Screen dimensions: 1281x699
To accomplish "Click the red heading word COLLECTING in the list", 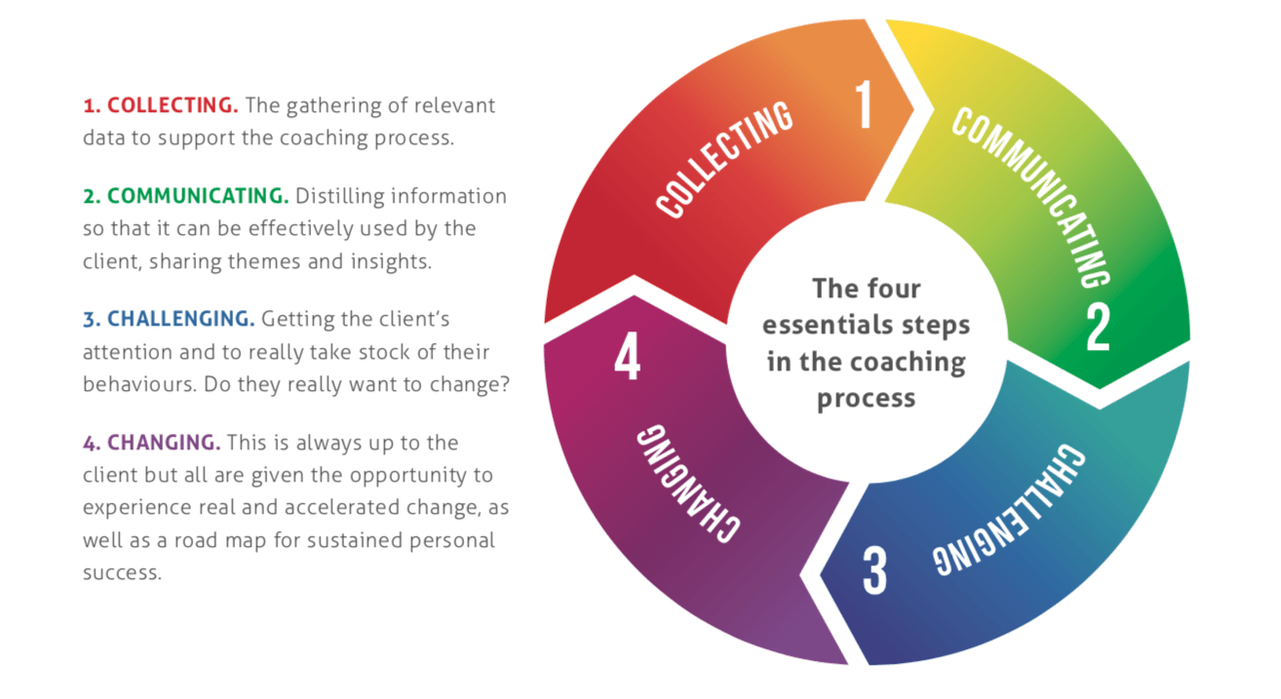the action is (173, 105).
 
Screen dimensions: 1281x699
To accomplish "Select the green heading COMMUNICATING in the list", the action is (198, 196).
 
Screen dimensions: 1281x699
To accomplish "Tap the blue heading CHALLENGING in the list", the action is (180, 319).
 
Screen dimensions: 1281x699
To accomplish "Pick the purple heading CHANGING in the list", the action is (164, 443).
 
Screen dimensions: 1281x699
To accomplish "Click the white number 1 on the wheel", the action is (864, 104).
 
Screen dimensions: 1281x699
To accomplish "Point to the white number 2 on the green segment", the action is (1098, 327).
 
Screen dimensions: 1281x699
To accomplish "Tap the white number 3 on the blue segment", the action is (874, 570).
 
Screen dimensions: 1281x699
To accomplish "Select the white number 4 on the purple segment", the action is (627, 357).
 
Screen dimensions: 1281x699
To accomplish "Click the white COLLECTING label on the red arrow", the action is (724, 160).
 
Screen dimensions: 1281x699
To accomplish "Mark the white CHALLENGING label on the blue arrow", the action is (1009, 509).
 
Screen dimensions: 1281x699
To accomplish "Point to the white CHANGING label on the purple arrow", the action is (688, 484).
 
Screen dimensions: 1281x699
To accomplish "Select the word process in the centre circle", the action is (867, 399).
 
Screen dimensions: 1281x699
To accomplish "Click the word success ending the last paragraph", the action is (122, 572).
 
